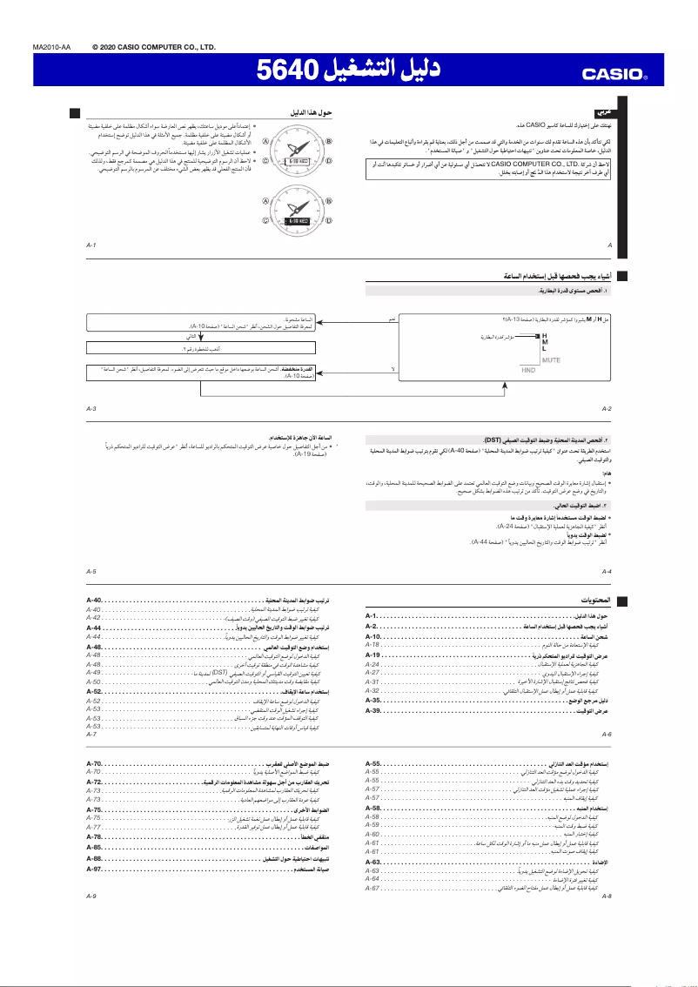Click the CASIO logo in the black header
click(616, 75)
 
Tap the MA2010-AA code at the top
click(51, 47)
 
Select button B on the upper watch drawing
click(329, 142)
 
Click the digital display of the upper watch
click(299, 162)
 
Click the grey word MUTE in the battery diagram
click(551, 359)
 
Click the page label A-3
click(91, 408)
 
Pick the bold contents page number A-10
click(373, 638)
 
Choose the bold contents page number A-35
click(373, 700)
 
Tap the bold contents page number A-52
click(95, 690)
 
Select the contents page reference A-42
click(93, 617)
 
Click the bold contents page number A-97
click(95, 869)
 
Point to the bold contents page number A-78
click(95, 836)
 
